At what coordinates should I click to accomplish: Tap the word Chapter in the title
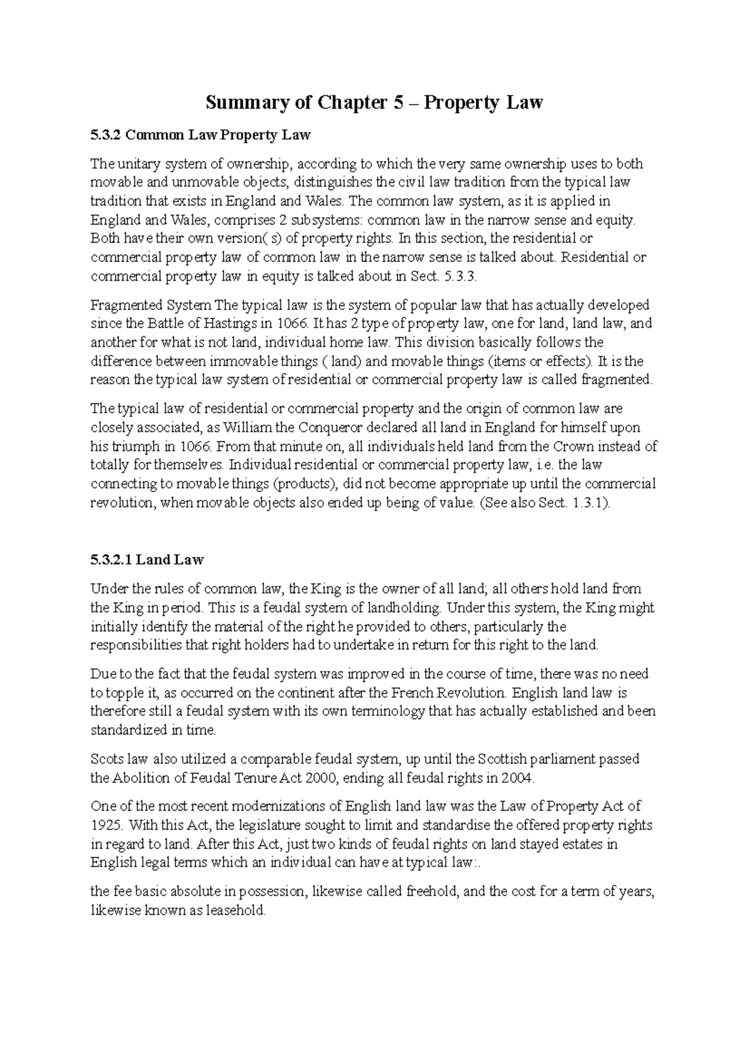point(352,102)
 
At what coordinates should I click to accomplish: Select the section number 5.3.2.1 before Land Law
point(111,559)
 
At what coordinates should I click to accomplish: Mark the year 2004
point(520,778)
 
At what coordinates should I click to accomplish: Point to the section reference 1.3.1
point(588,503)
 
